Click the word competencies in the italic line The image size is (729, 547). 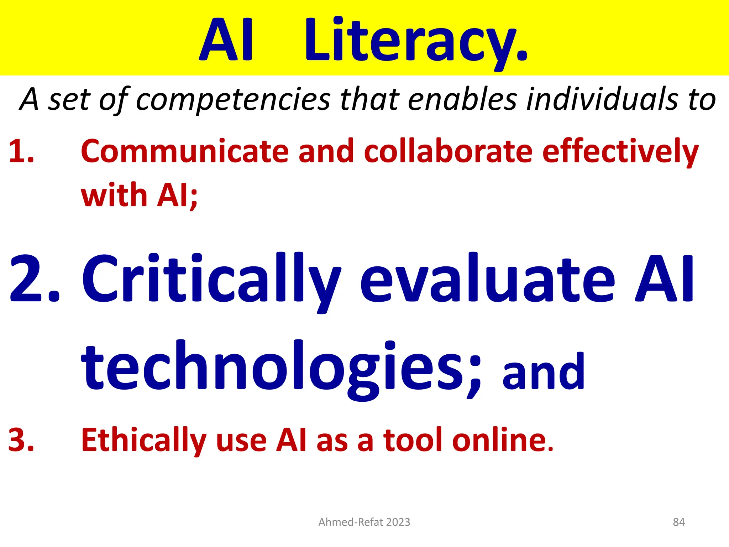point(233,99)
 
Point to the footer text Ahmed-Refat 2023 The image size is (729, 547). point(364,522)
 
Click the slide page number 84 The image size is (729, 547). point(679,522)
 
